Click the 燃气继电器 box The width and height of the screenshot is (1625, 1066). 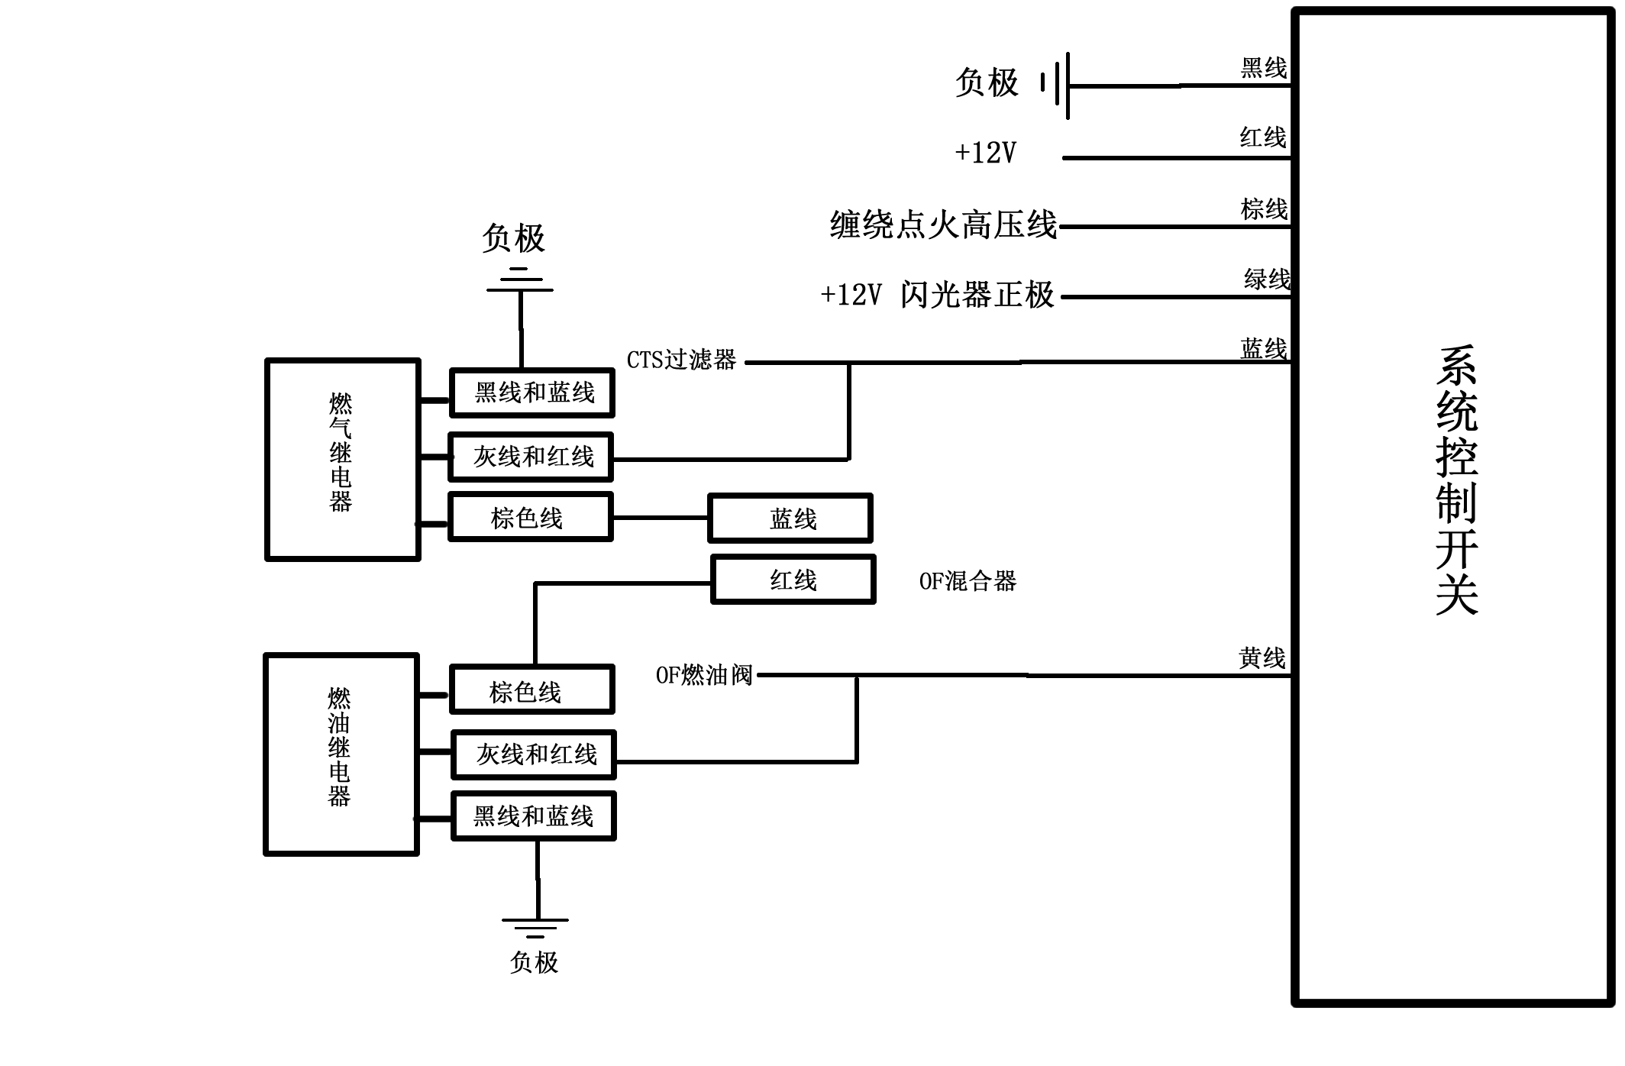[342, 460]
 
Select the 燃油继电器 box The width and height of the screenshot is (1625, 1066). [341, 754]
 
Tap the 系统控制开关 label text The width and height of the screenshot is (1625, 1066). [1456, 481]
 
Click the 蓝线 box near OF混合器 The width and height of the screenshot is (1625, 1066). [790, 518]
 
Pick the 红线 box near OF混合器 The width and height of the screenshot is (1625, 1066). [793, 580]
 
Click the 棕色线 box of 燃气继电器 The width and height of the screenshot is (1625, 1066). [530, 518]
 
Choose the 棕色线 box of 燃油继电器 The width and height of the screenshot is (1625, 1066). [531, 690]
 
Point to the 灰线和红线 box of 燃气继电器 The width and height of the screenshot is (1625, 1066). [531, 457]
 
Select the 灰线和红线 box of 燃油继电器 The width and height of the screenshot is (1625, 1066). [533, 754]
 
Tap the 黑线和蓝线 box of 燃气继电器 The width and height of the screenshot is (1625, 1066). [532, 392]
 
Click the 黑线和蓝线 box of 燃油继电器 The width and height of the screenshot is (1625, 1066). [533, 816]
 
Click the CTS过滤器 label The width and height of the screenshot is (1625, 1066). [681, 360]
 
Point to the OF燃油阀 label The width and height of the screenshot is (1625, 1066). [704, 675]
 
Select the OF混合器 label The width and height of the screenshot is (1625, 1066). [968, 581]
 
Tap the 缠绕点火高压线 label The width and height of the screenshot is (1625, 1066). [943, 225]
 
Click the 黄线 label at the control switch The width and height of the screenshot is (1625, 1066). [1262, 657]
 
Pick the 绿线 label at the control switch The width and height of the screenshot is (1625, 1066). [1266, 279]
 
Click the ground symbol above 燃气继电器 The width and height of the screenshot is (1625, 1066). [520, 280]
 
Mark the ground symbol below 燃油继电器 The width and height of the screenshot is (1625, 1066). [535, 927]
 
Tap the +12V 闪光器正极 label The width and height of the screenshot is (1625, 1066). [937, 295]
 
